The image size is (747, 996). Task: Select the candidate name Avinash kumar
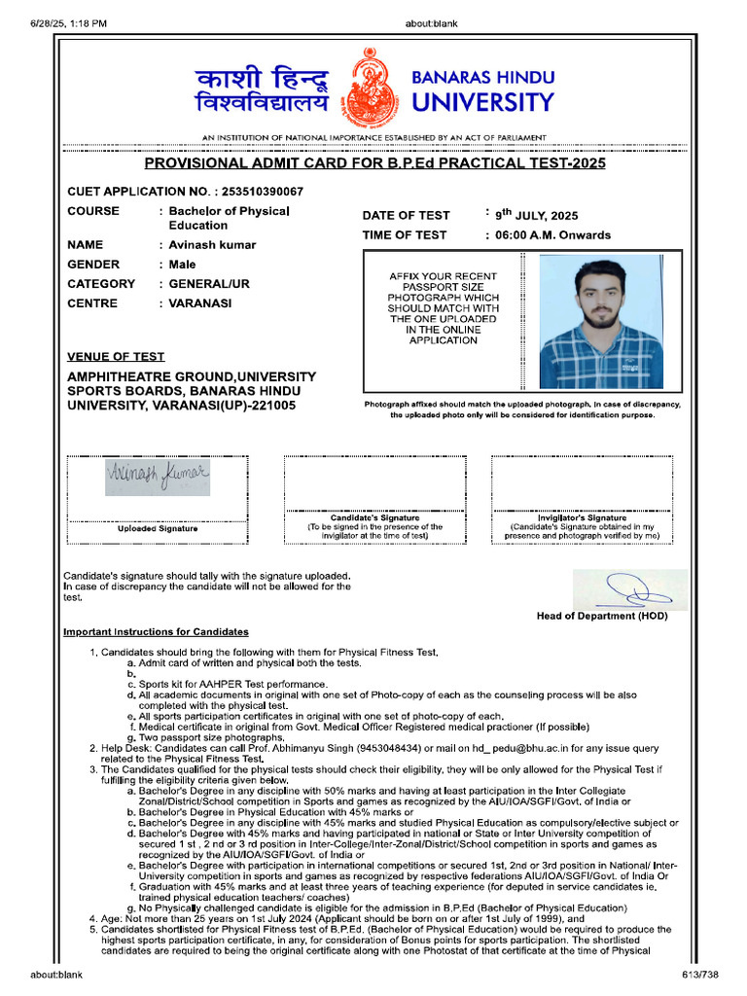[212, 245]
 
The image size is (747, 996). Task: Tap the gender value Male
[182, 265]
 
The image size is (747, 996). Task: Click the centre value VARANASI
[200, 303]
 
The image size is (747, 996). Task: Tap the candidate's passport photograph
[601, 322]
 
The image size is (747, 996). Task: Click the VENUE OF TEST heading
[116, 357]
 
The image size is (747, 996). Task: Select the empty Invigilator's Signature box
[582, 482]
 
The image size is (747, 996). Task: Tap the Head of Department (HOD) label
[602, 616]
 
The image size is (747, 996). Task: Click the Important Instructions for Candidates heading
[156, 632]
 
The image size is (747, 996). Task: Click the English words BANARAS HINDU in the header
[483, 77]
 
